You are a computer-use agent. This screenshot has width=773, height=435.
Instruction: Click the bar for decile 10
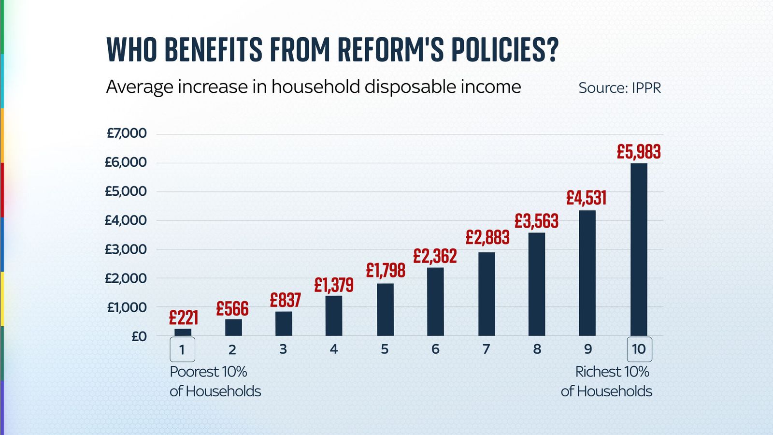pos(639,249)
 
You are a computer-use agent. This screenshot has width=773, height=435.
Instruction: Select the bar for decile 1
pos(183,332)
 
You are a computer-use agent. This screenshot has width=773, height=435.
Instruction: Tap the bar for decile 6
pos(435,302)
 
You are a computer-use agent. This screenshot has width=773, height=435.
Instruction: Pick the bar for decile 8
pos(537,284)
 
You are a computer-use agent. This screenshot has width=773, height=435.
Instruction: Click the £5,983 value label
pos(639,152)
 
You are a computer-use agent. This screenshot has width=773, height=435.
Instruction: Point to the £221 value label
pos(184,318)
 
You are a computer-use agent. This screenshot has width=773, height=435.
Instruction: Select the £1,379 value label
pos(334,285)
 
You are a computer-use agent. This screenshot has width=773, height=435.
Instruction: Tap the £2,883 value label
pos(487,237)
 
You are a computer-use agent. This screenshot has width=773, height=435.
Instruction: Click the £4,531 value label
pos(586,198)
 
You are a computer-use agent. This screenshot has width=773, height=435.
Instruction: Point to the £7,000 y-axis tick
pos(126,133)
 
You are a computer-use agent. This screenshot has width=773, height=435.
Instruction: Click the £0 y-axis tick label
pos(139,336)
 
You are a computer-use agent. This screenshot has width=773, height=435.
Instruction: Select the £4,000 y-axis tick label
pos(126,220)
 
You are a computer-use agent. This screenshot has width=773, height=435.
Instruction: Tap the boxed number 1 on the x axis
pos(182,349)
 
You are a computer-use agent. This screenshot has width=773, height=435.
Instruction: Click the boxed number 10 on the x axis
pos(639,349)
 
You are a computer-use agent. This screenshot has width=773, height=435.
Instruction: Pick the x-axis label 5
pos(385,349)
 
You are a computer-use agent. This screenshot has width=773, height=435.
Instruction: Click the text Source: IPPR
pos(619,88)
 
